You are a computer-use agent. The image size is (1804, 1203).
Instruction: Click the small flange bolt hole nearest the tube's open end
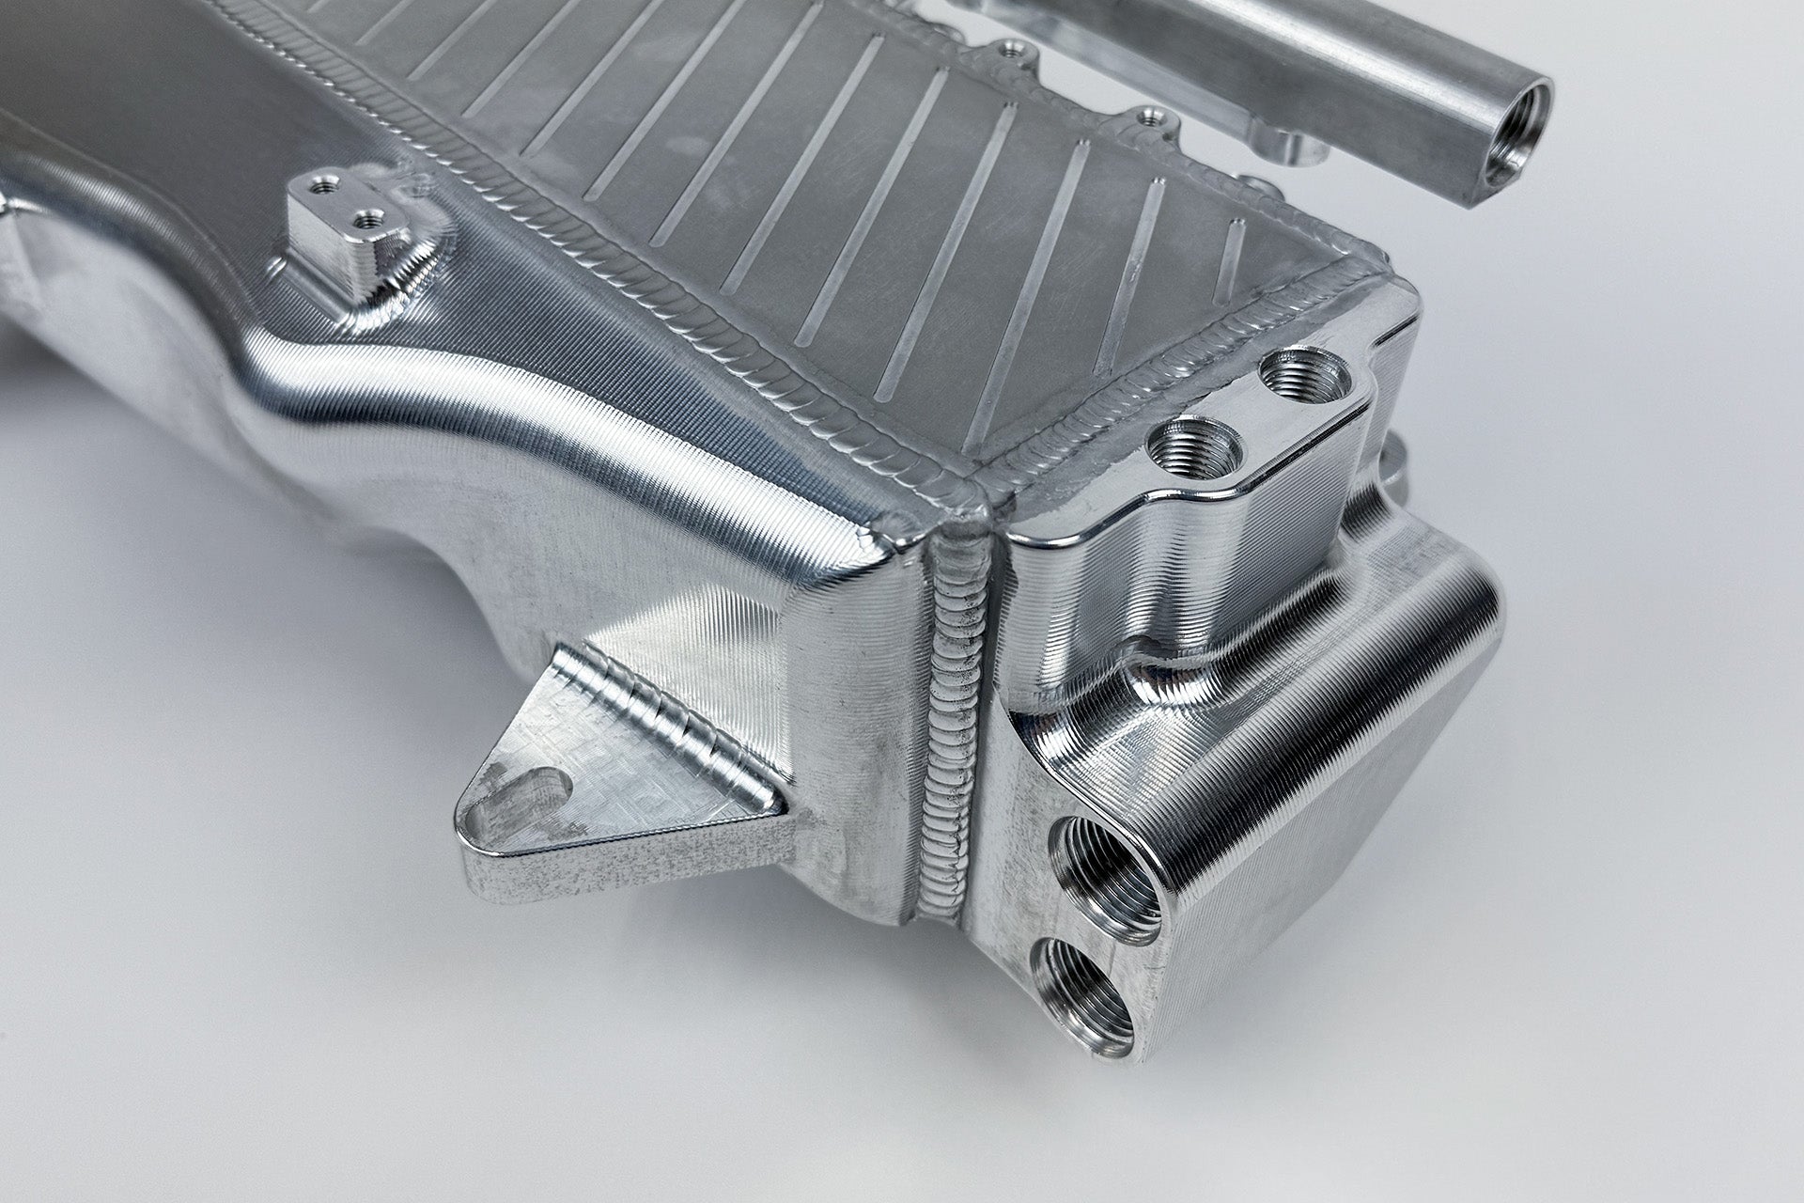(1146, 118)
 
